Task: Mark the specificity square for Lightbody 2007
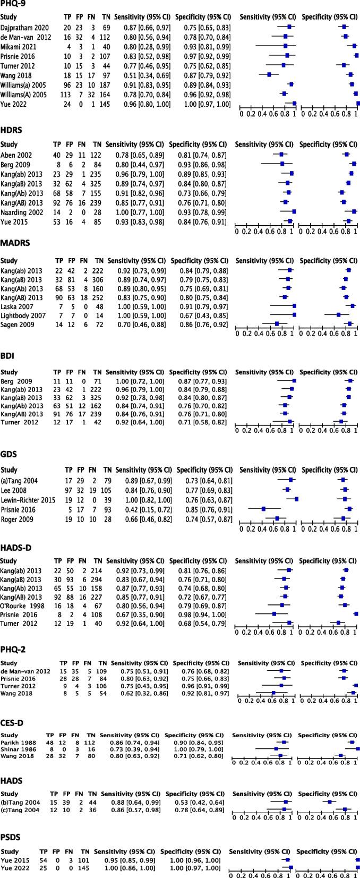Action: [338, 315]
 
